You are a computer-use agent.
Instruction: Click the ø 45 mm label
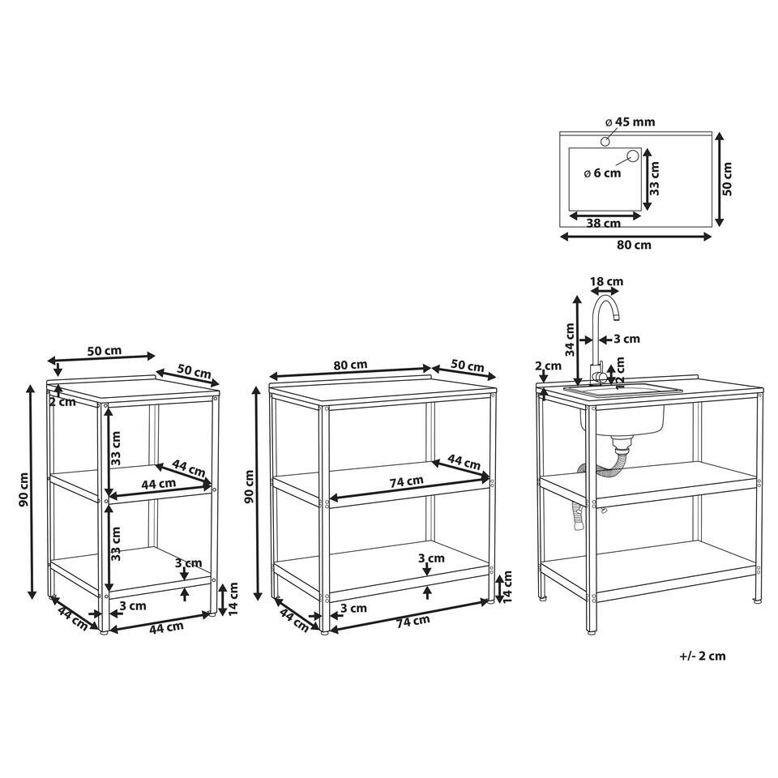pos(631,122)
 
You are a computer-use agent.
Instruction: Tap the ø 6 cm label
pos(602,173)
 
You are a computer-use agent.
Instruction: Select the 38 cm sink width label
pos(603,224)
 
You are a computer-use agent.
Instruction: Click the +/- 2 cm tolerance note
pos(702,656)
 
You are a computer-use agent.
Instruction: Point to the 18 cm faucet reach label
pos(606,281)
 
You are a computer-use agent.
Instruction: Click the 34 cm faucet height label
pos(570,340)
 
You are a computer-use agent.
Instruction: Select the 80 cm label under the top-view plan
pos(634,245)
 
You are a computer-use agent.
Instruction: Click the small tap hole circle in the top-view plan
pos(605,142)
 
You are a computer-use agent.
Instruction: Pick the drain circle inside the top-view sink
pos(633,156)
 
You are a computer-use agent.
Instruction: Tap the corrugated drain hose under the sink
pos(601,477)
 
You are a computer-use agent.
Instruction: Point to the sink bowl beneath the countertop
pos(622,421)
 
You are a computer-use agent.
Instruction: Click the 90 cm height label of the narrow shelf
pos(24,489)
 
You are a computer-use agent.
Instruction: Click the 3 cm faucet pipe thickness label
pos(627,339)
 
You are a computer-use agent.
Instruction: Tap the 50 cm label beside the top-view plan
pos(727,178)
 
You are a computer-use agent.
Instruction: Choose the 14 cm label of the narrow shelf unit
pos(233,598)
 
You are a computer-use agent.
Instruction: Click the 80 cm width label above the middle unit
pos(350,365)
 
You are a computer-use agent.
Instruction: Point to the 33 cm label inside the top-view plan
pos(655,177)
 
